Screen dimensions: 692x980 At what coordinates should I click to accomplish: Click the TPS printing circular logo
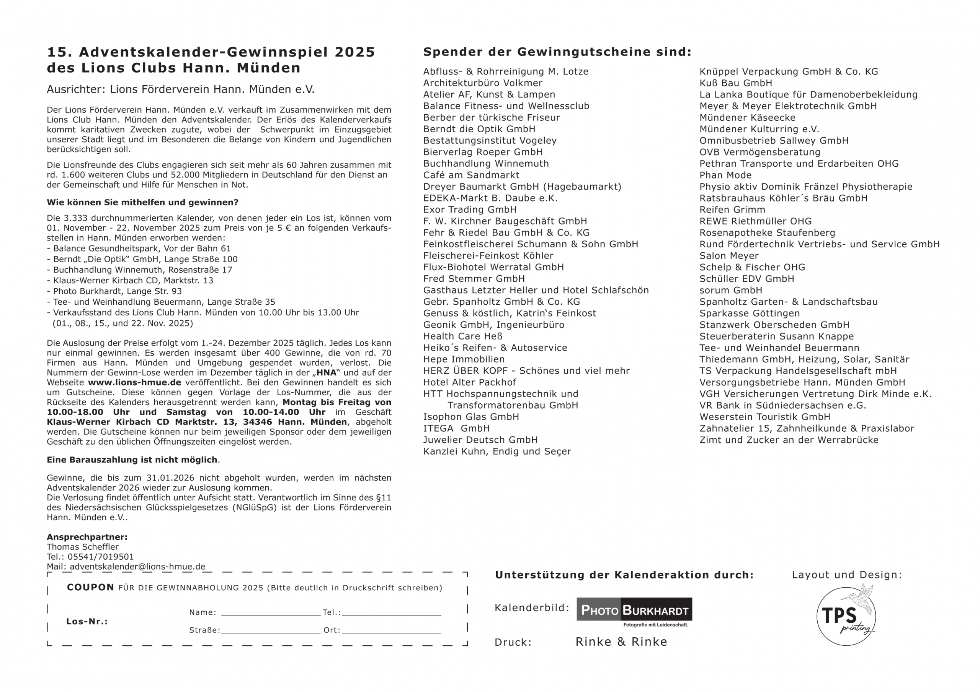(x=846, y=615)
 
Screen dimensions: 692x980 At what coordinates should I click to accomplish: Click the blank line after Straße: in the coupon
(x=271, y=630)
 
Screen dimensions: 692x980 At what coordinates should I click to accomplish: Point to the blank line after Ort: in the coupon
(x=391, y=630)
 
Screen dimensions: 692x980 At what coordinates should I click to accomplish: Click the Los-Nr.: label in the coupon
(x=87, y=621)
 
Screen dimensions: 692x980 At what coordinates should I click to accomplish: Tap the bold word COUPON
(x=90, y=587)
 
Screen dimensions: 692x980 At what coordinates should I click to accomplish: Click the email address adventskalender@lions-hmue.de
(x=137, y=567)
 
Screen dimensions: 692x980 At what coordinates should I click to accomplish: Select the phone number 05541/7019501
(x=101, y=557)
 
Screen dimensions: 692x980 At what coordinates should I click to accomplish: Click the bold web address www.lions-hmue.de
(x=134, y=382)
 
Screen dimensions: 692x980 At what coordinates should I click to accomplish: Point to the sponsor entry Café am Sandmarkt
(x=471, y=175)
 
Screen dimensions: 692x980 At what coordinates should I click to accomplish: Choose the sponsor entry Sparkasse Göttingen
(x=750, y=314)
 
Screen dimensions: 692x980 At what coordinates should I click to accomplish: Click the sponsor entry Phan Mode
(x=725, y=175)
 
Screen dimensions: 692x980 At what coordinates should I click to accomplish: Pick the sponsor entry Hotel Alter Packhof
(x=469, y=382)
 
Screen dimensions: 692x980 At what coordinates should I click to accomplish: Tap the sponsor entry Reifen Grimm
(x=732, y=210)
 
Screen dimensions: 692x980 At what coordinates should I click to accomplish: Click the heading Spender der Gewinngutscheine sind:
(x=557, y=52)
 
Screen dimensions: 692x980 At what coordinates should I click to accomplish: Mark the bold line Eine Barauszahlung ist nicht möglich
(x=132, y=460)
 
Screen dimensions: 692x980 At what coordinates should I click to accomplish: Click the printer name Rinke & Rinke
(x=621, y=642)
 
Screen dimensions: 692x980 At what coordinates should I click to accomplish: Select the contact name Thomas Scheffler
(x=83, y=547)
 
